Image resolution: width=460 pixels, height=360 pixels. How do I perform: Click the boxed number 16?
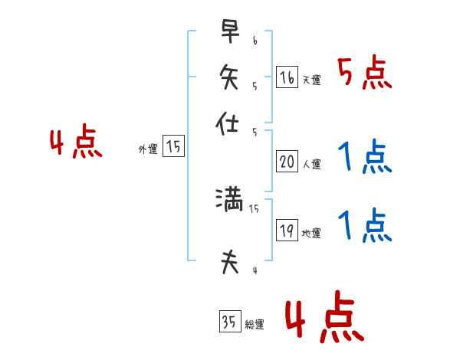point(287,77)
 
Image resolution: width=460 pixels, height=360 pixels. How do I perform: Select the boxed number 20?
point(287,162)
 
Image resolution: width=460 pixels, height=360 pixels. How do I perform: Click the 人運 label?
point(311,164)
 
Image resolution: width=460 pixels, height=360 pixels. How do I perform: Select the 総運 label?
point(255,325)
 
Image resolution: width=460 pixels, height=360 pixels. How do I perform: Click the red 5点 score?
point(364,73)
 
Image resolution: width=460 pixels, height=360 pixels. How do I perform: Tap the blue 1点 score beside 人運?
point(364,157)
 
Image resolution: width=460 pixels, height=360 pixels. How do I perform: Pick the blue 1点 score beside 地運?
point(364,226)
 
